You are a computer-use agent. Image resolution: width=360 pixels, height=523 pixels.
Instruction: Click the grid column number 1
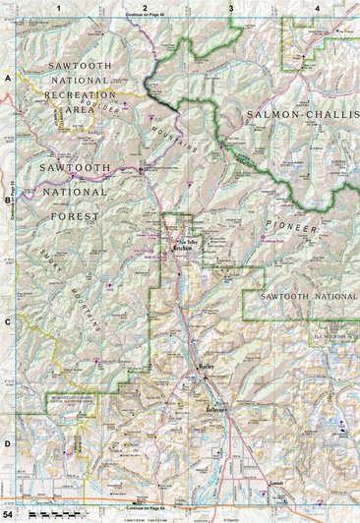(59, 8)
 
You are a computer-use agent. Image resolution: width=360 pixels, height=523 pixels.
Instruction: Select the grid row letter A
(7, 76)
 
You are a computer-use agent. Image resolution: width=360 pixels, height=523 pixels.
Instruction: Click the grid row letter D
(7, 444)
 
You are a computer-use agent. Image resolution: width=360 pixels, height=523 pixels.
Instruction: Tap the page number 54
(8, 515)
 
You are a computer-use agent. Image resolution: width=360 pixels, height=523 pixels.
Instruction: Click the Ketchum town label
(184, 250)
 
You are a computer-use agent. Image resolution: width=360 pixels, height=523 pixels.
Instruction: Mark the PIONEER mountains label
(301, 231)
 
